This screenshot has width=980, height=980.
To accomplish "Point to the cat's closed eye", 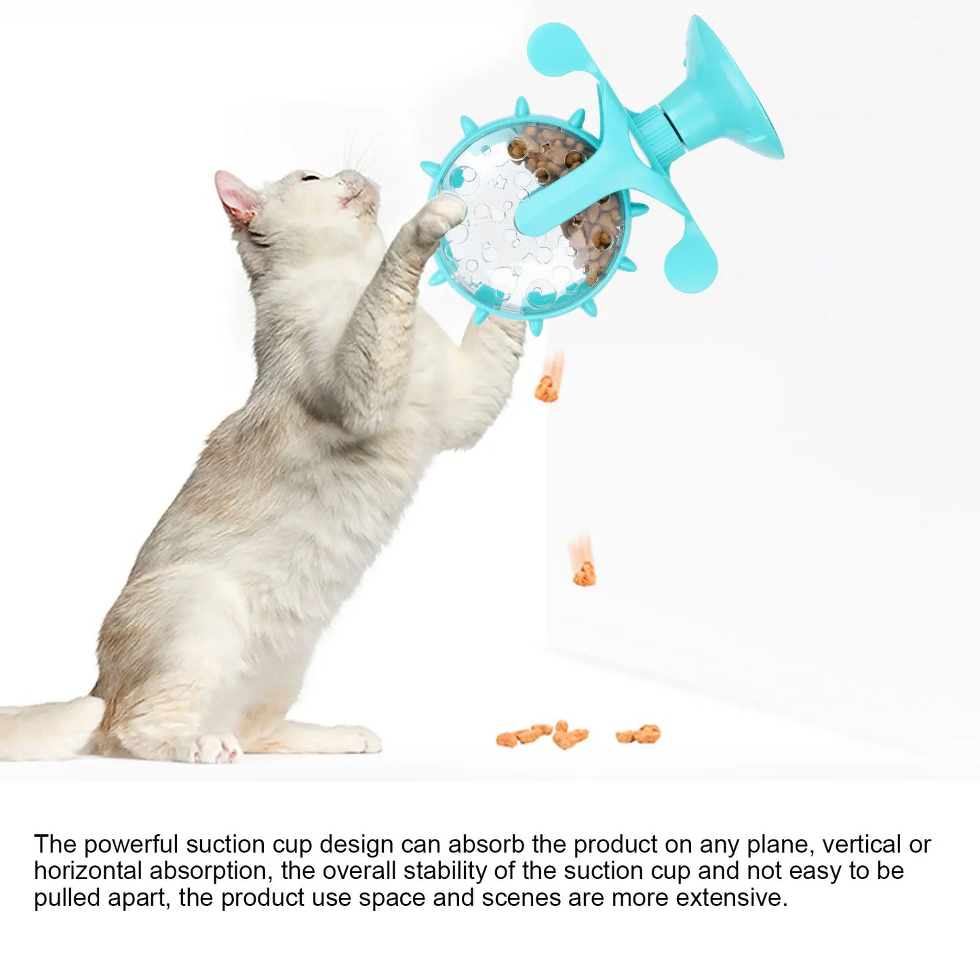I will [310, 178].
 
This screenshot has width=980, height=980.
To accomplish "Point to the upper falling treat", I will [546, 389].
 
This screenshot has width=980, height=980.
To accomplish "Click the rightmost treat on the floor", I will [638, 733].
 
